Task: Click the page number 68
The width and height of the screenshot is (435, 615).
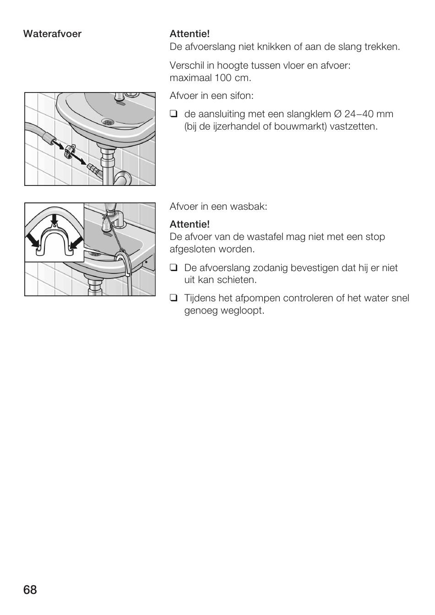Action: (30, 589)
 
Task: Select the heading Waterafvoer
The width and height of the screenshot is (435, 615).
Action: (52, 34)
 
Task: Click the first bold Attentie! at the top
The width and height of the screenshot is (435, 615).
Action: (190, 34)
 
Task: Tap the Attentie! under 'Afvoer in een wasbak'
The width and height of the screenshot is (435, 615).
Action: (190, 224)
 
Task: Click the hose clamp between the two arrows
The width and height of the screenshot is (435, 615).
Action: (70, 151)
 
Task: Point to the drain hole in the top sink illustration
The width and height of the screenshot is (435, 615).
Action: (108, 122)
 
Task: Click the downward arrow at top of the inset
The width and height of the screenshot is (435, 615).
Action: (54, 219)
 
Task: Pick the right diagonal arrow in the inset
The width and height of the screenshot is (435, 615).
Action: (76, 239)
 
